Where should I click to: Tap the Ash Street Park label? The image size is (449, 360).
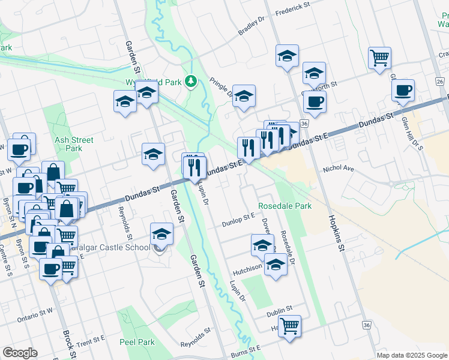click(73, 144)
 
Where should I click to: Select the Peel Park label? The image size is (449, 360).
click(138, 342)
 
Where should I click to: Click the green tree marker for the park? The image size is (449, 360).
click(191, 80)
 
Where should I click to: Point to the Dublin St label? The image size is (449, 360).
click(280, 308)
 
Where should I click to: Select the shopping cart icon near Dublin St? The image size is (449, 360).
click(290, 326)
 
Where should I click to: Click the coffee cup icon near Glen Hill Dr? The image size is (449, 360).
click(403, 90)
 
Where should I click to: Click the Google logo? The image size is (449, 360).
click(20, 353)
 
